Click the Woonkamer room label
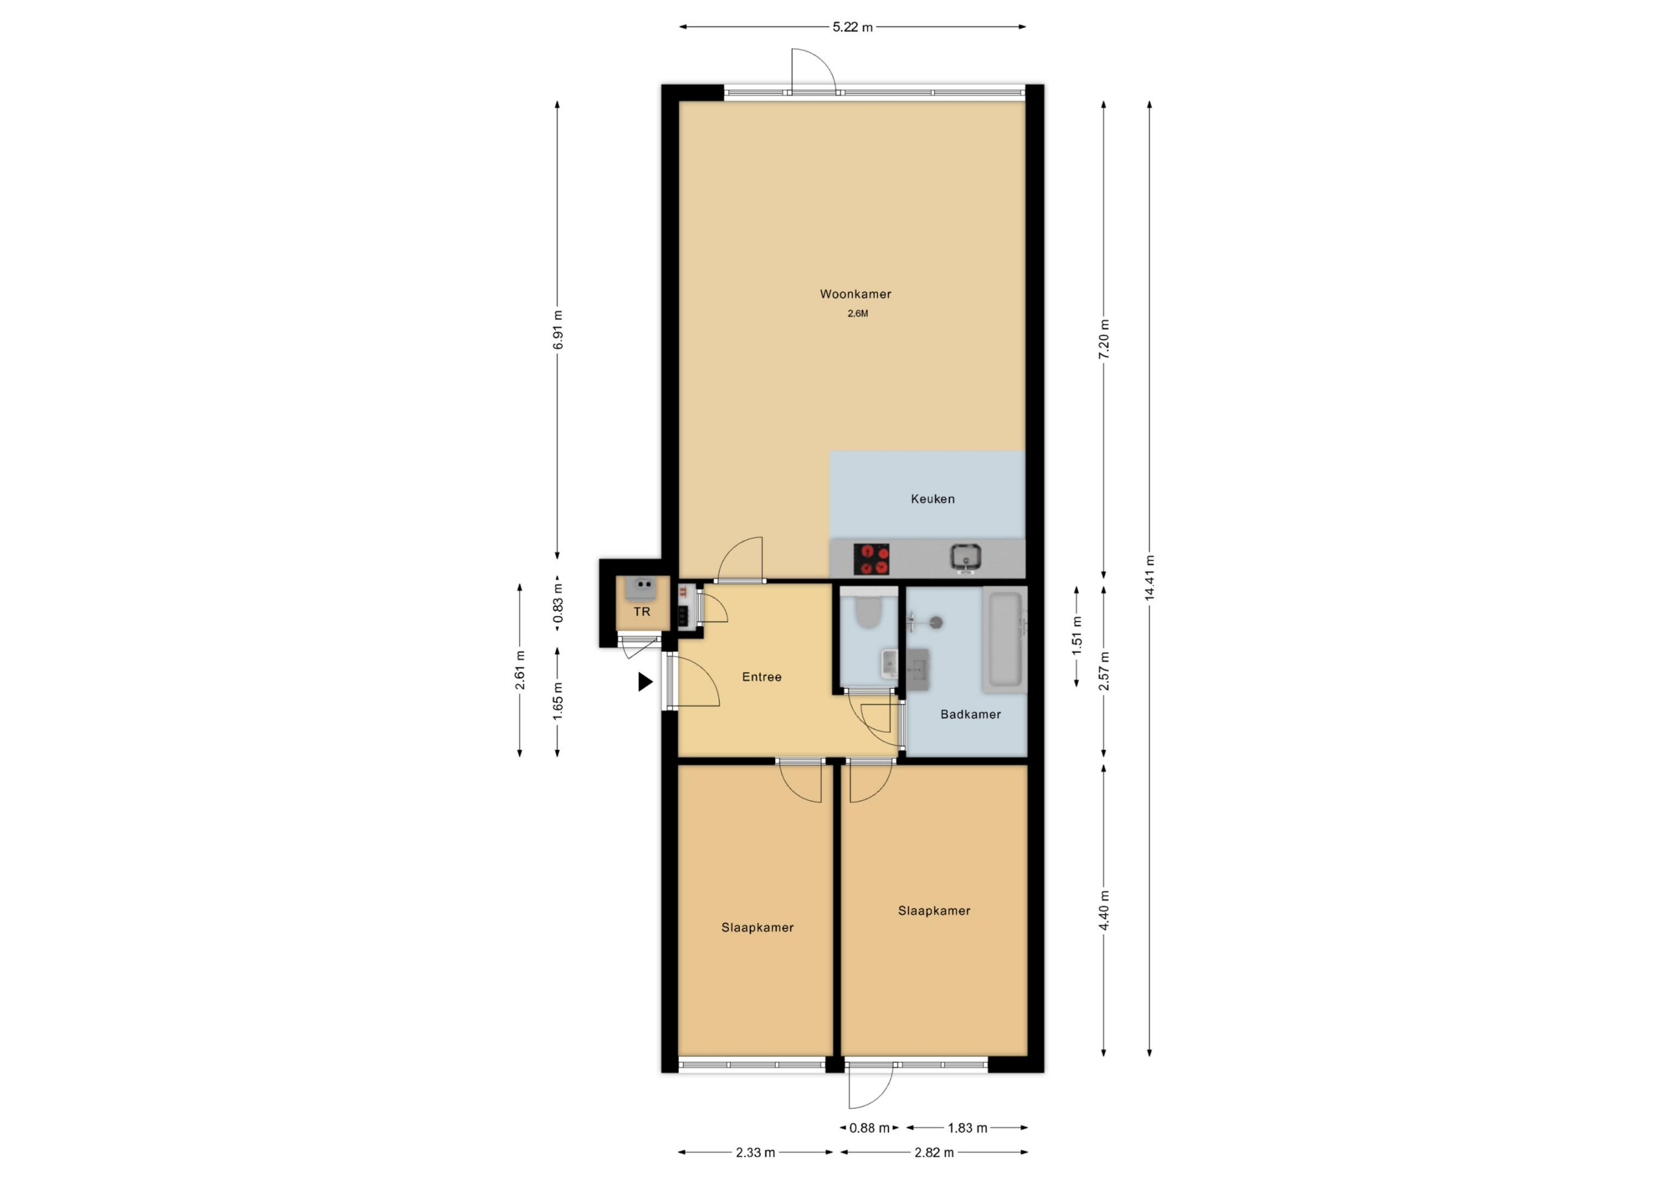point(855,294)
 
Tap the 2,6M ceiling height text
point(857,314)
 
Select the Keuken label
point(933,499)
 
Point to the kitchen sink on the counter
point(966,557)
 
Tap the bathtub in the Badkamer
point(1003,641)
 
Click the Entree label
point(761,677)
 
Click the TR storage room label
point(642,612)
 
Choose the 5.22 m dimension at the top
point(853,27)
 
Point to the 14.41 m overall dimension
point(1149,578)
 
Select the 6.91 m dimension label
point(557,330)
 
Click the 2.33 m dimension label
point(755,1152)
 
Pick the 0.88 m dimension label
point(870,1128)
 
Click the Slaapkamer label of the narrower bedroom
point(757,928)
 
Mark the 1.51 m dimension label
point(1077,631)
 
